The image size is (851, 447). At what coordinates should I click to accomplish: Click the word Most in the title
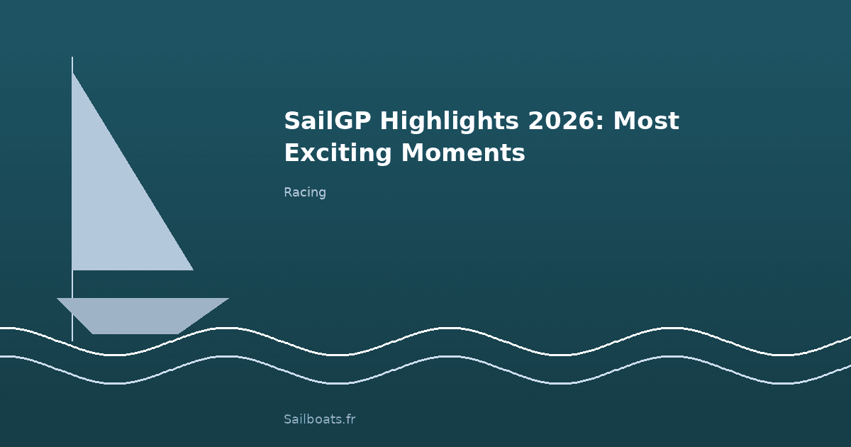click(646, 121)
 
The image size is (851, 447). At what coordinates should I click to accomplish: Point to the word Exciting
click(338, 153)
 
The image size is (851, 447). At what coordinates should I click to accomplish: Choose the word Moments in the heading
click(463, 153)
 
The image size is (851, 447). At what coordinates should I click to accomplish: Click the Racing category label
click(305, 192)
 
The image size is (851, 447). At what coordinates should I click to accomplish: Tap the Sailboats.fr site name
click(319, 419)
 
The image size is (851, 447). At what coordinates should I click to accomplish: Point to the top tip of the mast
click(72, 58)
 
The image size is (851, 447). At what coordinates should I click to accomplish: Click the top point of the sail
click(73, 74)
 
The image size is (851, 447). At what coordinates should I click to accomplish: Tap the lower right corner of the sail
click(191, 269)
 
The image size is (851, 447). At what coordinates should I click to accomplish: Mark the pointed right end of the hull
click(227, 299)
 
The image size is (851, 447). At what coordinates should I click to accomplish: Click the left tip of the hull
click(58, 299)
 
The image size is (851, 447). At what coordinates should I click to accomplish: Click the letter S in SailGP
click(291, 121)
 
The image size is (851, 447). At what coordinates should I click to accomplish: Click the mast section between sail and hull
click(72, 284)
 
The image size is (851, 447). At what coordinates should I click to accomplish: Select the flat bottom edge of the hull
click(135, 333)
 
